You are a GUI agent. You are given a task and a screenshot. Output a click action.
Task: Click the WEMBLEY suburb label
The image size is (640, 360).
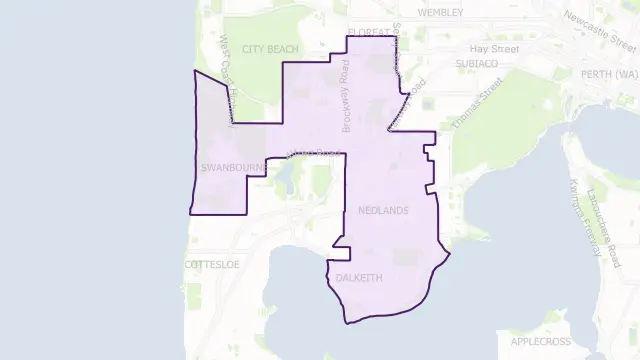[x=442, y=13]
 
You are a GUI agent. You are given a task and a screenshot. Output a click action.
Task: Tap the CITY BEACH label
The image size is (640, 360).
[x=264, y=48]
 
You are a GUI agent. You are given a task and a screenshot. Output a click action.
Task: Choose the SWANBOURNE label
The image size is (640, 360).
[x=231, y=167]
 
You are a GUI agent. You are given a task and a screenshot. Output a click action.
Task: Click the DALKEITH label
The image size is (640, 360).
[x=360, y=275]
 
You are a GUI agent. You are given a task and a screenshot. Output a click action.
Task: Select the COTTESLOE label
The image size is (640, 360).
[x=213, y=264]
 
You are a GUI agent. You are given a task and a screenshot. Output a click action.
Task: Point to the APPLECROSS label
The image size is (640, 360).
[x=540, y=341]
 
